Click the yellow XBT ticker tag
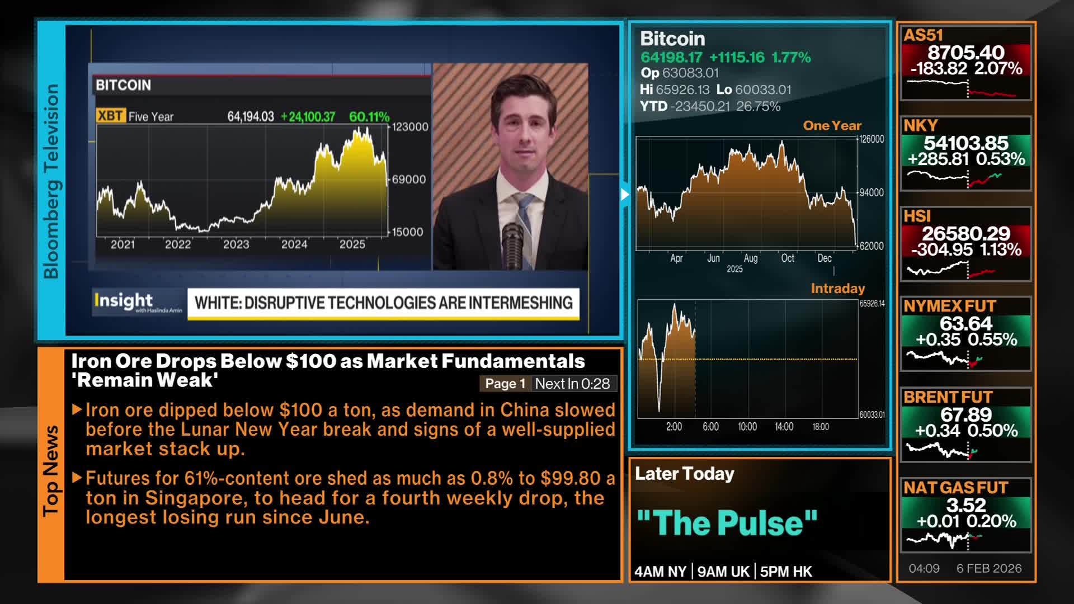pyautogui.click(x=110, y=116)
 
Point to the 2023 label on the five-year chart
pyautogui.click(x=235, y=244)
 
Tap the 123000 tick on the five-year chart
pyautogui.click(x=410, y=127)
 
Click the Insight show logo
pyautogui.click(x=124, y=301)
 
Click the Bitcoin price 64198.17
pyautogui.click(x=671, y=57)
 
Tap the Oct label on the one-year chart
pyautogui.click(x=787, y=258)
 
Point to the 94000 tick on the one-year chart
pyautogui.click(x=871, y=192)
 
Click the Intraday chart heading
pyautogui.click(x=837, y=289)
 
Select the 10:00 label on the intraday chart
pyautogui.click(x=747, y=427)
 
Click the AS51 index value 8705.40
pyautogui.click(x=965, y=53)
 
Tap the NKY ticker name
pyautogui.click(x=921, y=126)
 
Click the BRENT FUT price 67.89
pyautogui.click(x=965, y=414)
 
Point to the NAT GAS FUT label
pyautogui.click(x=955, y=488)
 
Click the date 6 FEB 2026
pyautogui.click(x=988, y=568)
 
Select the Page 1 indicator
pyautogui.click(x=505, y=384)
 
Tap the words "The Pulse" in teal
pyautogui.click(x=727, y=523)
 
